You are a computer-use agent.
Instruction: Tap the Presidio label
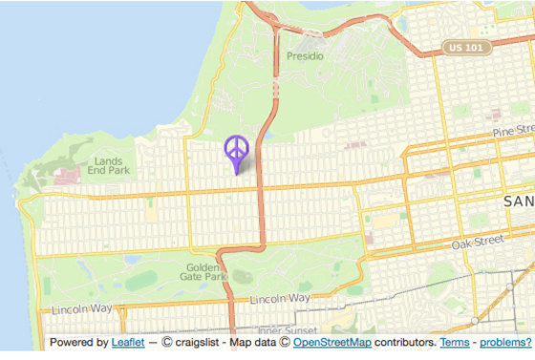(x=306, y=56)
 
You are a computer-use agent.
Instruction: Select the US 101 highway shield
(x=467, y=47)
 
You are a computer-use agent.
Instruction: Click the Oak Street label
(x=478, y=244)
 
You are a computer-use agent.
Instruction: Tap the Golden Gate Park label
(x=203, y=273)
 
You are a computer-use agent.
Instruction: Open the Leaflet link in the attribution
(x=127, y=342)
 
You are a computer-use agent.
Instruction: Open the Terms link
(x=454, y=342)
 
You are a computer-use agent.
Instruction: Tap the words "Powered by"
(x=78, y=342)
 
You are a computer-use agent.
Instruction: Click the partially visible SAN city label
(x=518, y=202)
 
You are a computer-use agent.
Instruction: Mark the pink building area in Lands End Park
(x=66, y=177)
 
